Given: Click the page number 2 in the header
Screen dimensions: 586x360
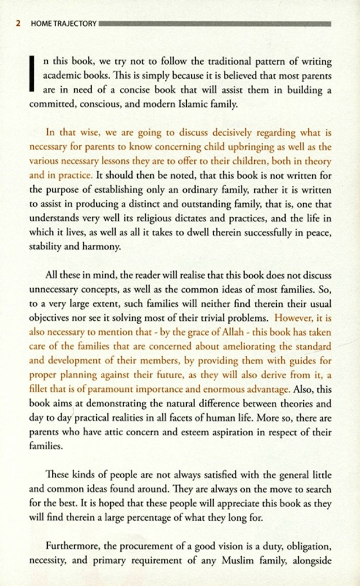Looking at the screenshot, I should (x=18, y=24).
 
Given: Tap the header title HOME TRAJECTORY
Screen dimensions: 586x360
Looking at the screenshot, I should (x=64, y=24).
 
